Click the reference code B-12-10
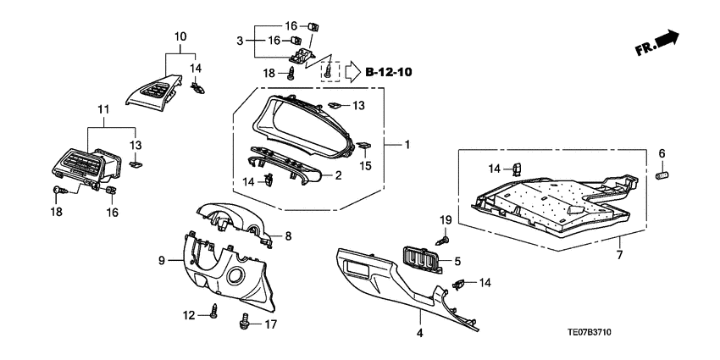click(389, 72)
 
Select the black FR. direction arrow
click(667, 38)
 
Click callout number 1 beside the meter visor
click(407, 146)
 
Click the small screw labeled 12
click(213, 316)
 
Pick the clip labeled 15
click(362, 146)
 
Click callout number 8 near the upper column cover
click(287, 235)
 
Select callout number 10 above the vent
click(180, 36)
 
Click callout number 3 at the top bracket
click(240, 40)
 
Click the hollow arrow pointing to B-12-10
click(352, 72)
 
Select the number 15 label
click(367, 166)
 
